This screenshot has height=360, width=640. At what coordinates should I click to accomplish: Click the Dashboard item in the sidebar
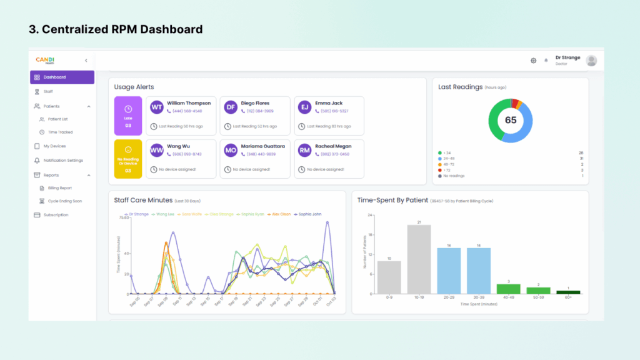(61, 77)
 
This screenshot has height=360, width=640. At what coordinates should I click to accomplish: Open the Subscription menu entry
(56, 215)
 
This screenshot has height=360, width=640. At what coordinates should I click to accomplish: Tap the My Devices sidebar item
(54, 146)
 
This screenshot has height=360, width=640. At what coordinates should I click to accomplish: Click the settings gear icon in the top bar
(533, 61)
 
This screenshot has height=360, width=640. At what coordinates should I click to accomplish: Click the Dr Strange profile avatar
(591, 61)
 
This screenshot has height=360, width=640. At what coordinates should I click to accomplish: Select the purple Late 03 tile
(128, 116)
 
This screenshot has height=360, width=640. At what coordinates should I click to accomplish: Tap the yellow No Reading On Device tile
(128, 159)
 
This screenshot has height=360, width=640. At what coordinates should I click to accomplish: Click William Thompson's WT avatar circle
(156, 107)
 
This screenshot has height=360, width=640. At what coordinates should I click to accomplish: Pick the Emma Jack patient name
(329, 103)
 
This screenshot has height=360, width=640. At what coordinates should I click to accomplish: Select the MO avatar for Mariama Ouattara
(231, 150)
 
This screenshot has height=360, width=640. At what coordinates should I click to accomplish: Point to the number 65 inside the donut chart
(511, 120)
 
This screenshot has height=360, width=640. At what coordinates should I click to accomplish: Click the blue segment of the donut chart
(528, 125)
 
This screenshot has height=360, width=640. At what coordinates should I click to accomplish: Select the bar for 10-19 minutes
(419, 259)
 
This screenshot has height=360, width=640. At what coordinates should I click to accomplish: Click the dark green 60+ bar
(568, 292)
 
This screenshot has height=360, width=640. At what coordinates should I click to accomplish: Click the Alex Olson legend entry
(281, 214)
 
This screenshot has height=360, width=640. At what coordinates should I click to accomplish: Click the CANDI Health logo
(45, 60)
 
